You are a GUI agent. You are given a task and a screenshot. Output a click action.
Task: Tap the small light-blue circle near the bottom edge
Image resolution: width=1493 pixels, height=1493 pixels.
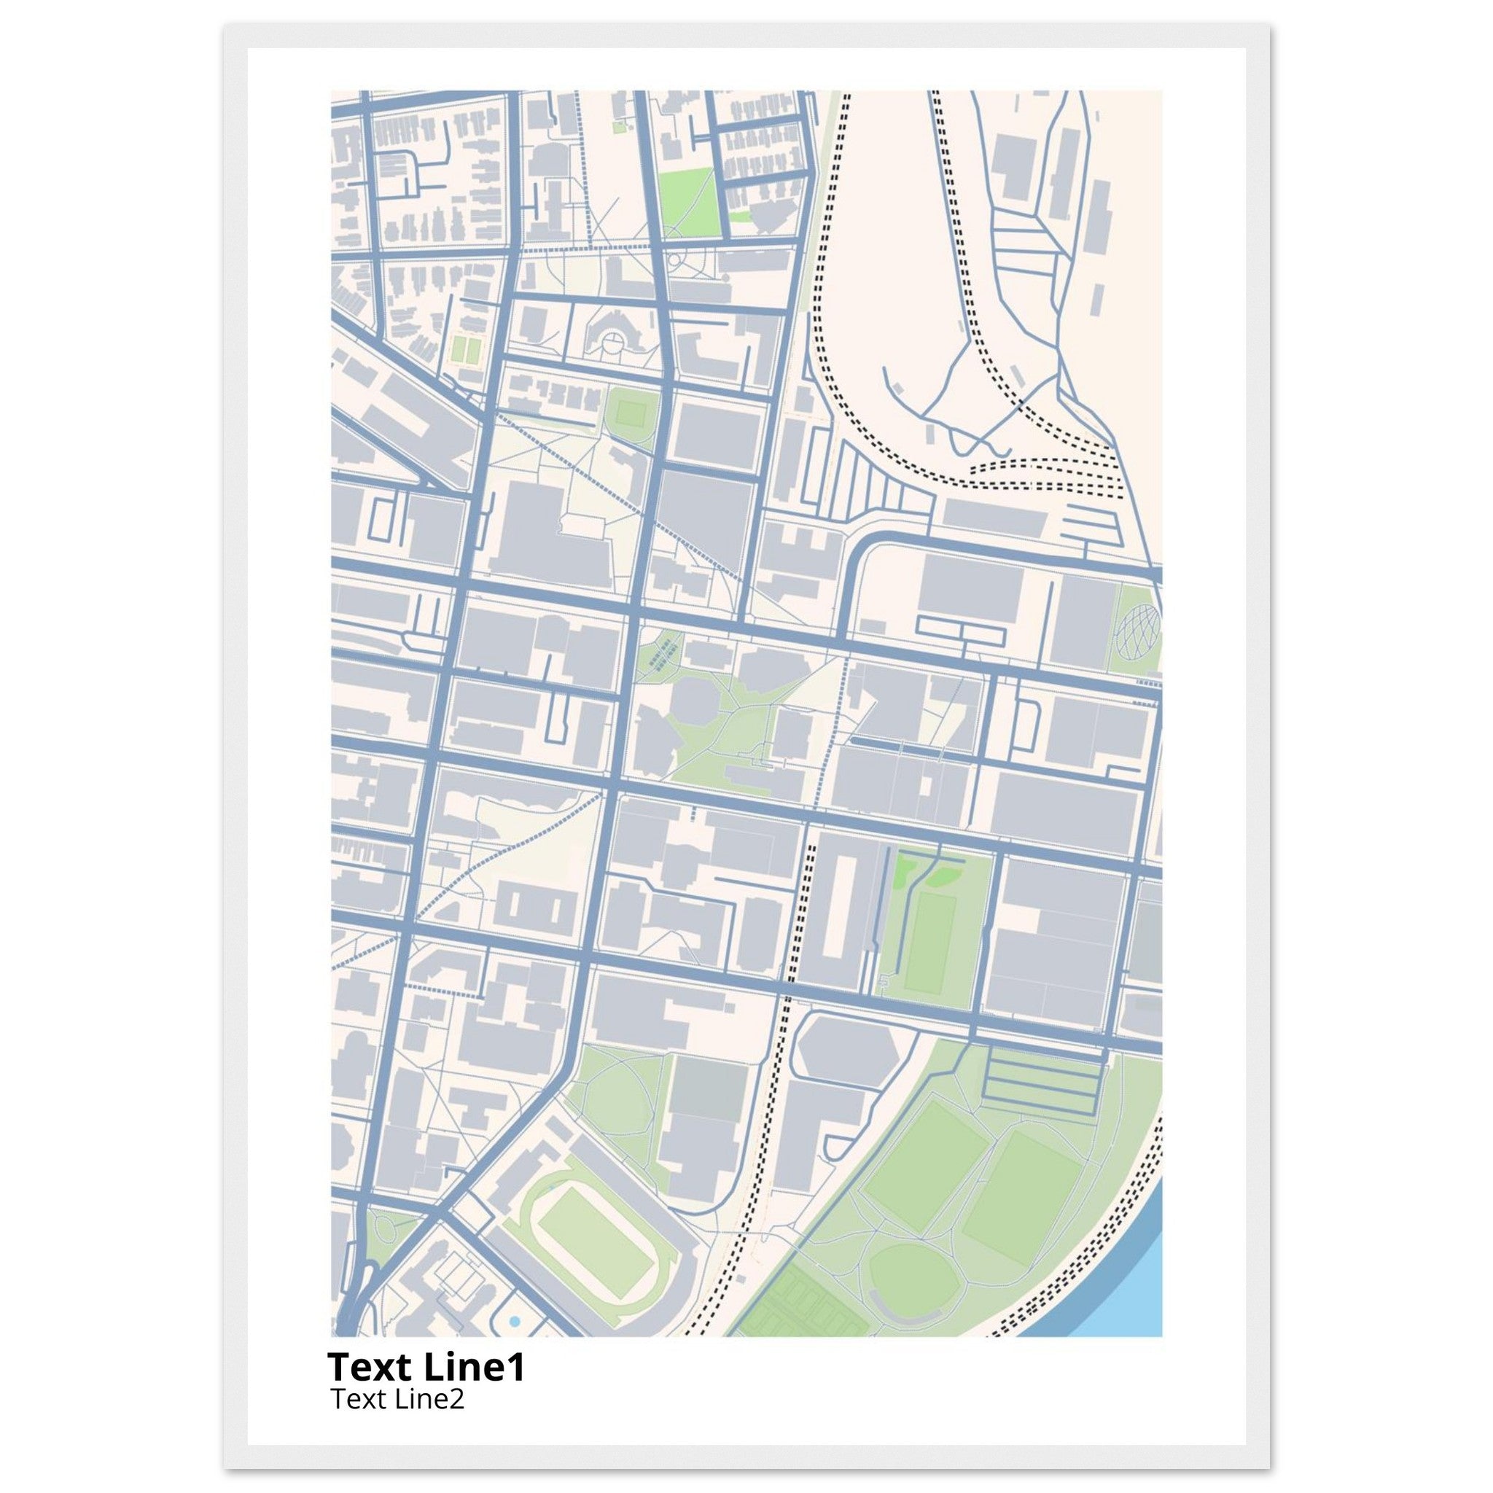pos(515,1323)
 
